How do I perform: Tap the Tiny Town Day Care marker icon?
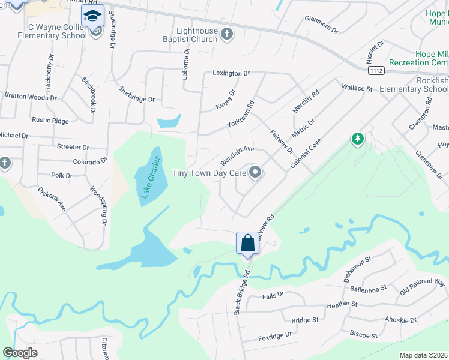tap(256, 173)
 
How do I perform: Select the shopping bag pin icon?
tap(247, 244)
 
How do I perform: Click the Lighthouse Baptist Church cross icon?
tap(227, 34)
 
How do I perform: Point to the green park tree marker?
tap(358, 140)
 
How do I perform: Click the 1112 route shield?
tap(376, 71)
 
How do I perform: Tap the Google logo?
tap(20, 353)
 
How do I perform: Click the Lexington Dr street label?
tap(231, 73)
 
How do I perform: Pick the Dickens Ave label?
tap(52, 199)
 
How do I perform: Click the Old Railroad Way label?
tap(423, 286)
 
